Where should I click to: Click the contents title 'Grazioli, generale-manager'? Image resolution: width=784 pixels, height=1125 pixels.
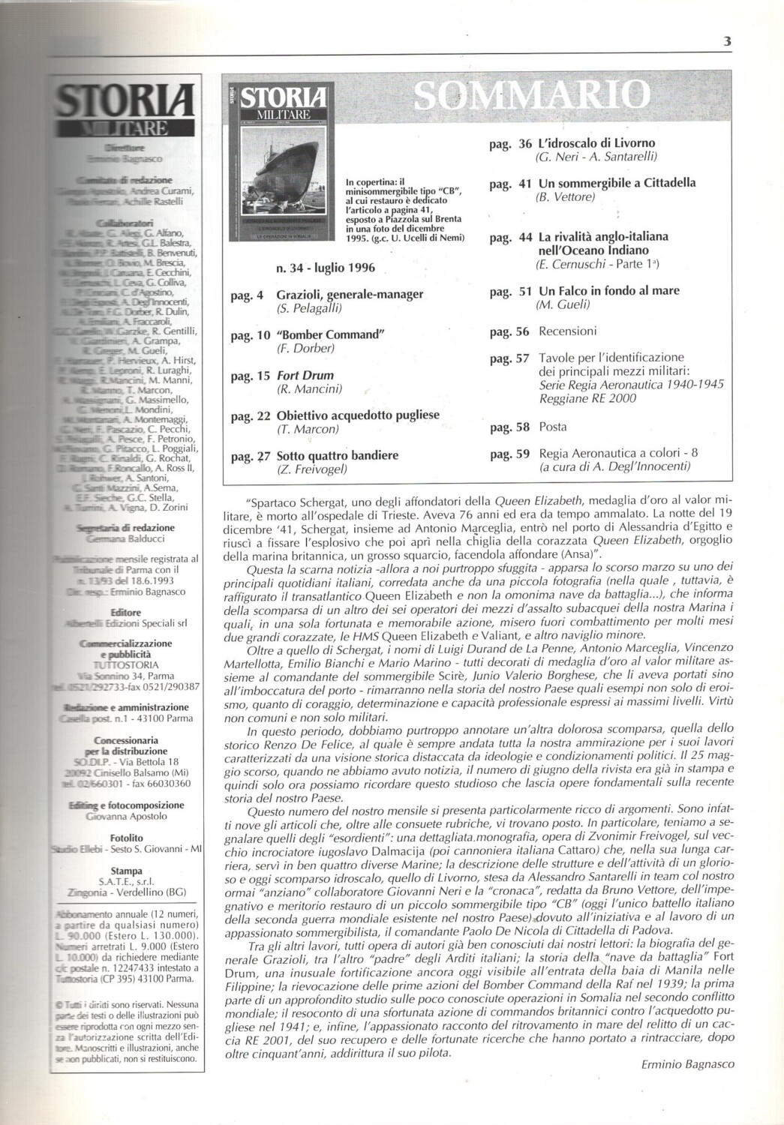[350, 294]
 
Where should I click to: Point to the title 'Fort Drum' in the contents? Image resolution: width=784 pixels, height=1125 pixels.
[305, 375]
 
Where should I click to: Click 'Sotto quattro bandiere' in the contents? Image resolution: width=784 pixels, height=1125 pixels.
[337, 455]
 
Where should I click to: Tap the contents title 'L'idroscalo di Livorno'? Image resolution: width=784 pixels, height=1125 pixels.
[596, 142]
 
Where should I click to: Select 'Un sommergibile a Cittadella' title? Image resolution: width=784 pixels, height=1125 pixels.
[617, 182]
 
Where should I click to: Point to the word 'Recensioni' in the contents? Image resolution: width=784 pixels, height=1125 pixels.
[567, 331]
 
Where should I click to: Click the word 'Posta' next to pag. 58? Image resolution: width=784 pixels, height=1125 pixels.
[553, 427]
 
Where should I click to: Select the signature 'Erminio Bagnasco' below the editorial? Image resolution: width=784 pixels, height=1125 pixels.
[688, 1063]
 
